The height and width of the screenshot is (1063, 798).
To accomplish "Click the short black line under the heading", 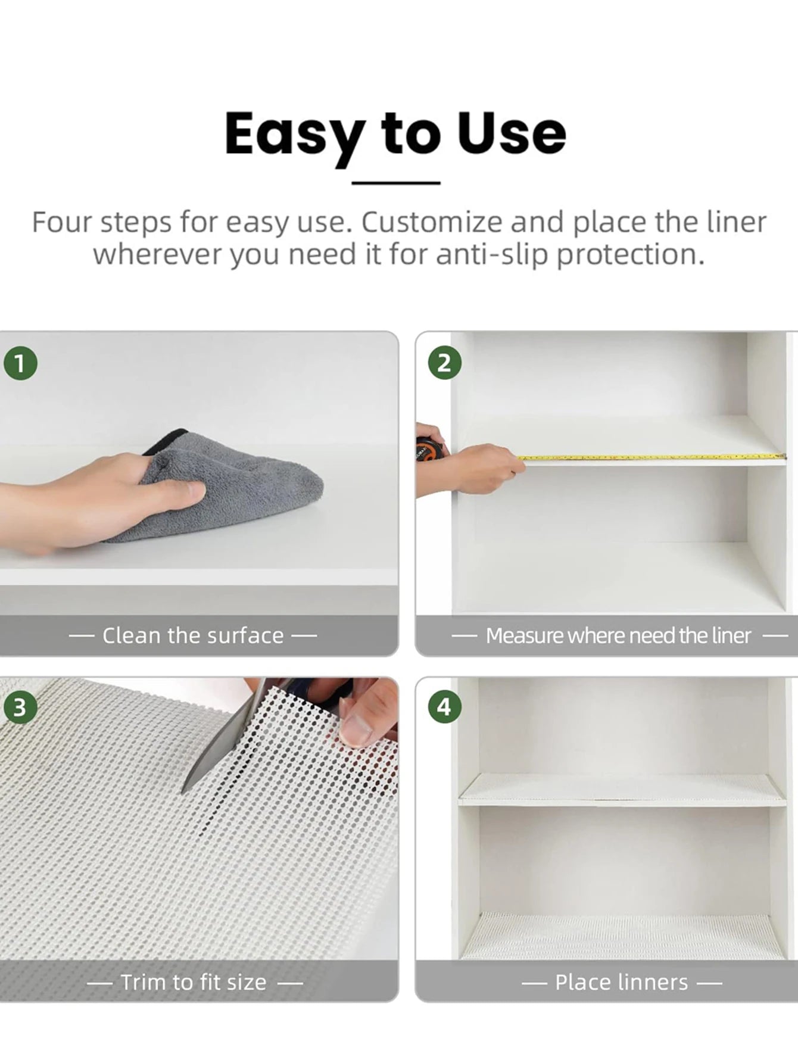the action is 395,183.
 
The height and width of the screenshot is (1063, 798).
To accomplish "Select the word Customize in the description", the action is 432,223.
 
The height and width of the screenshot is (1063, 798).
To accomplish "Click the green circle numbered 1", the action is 20,363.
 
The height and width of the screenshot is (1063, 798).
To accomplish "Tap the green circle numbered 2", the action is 444,363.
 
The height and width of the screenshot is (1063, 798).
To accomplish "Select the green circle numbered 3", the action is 20,707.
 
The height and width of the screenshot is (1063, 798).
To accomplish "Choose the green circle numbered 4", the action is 444,707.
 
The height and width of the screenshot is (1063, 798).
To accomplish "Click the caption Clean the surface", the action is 192,635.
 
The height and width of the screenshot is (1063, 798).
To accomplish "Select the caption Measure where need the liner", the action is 618,635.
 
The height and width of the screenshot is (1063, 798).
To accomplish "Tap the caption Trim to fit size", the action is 194,982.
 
